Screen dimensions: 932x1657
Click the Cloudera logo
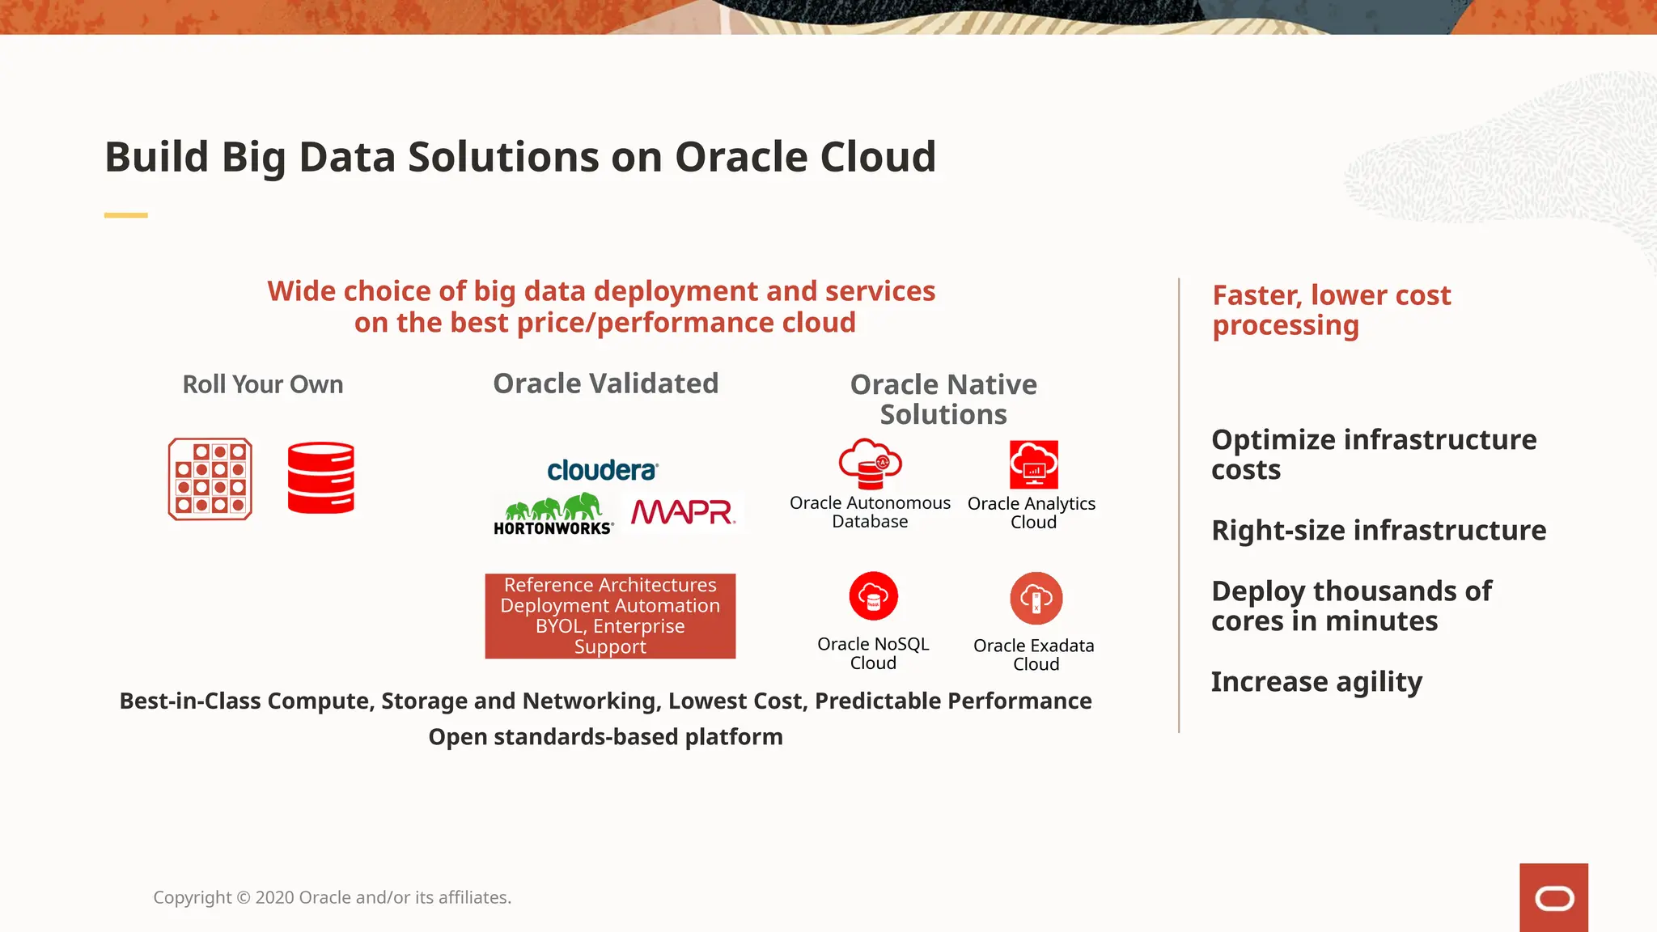(603, 470)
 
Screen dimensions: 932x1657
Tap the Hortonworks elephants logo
(554, 515)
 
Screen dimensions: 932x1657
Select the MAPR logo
(682, 512)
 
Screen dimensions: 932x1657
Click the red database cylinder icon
(321, 477)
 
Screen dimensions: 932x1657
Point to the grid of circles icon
(210, 479)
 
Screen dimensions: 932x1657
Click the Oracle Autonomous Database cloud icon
(870, 464)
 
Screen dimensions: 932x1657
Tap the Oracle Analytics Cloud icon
(1033, 464)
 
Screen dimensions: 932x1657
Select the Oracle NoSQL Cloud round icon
(873, 596)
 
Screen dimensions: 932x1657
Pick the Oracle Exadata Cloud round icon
(1036, 599)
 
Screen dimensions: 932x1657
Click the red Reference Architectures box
(610, 616)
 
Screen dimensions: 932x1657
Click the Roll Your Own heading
(263, 384)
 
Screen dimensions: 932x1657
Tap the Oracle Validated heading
(605, 383)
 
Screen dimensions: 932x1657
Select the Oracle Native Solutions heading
(943, 399)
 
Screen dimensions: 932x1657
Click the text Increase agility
(1316, 682)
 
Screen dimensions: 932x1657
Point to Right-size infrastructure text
(1379, 531)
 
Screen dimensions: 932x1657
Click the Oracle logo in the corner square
(1553, 898)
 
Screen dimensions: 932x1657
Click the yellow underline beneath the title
(126, 215)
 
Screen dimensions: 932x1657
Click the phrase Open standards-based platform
(605, 737)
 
